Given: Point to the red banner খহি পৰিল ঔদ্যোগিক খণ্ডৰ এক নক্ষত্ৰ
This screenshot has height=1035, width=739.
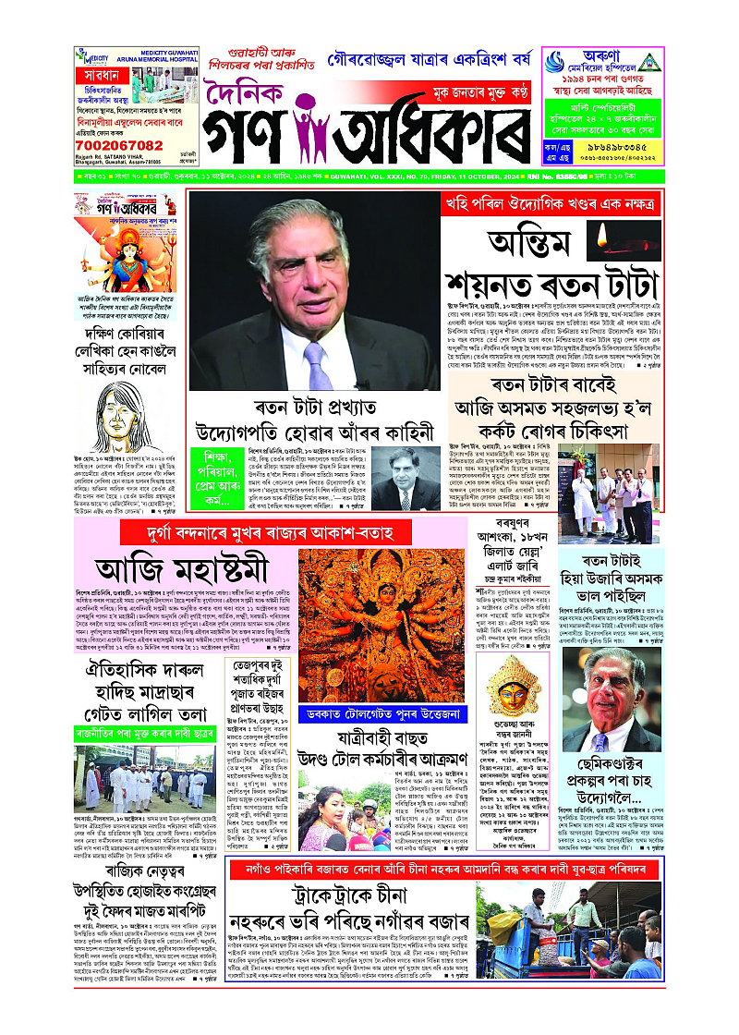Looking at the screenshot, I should click(552, 202).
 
